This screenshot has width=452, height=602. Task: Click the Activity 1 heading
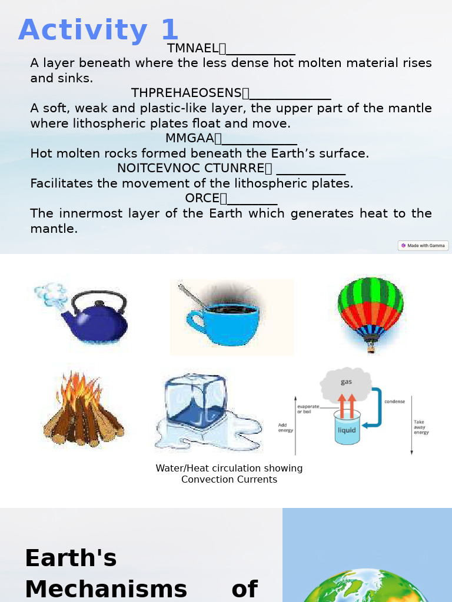click(98, 31)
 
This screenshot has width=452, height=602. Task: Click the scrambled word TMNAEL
click(192, 48)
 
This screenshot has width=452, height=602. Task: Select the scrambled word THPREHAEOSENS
click(186, 93)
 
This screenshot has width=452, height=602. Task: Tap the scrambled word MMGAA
click(190, 138)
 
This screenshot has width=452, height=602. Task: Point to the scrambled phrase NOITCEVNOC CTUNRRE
click(191, 168)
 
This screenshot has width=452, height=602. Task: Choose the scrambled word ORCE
click(202, 198)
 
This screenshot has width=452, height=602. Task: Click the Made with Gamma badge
click(423, 246)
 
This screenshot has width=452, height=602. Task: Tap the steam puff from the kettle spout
click(51, 292)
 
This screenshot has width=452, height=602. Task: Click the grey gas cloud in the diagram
click(346, 383)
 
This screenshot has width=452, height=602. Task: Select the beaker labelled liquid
click(347, 428)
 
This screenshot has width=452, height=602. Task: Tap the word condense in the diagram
click(394, 402)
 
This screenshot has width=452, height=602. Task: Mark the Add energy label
click(285, 427)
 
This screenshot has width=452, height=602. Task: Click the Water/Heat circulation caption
click(229, 474)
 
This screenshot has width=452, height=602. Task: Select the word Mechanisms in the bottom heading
click(106, 589)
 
